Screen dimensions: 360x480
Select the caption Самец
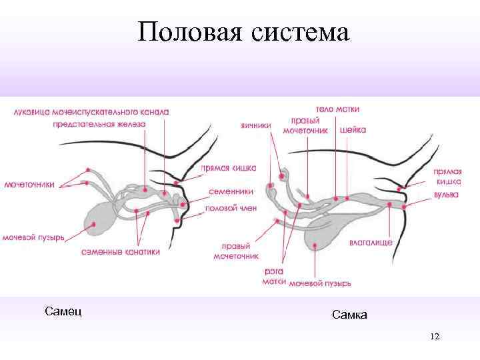[x=63, y=311]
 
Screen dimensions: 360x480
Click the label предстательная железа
[x=99, y=124]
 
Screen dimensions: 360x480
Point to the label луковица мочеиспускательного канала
[x=91, y=112]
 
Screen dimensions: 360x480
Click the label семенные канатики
[x=121, y=253]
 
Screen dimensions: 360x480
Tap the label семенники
[x=231, y=191]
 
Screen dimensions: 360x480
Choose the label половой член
[x=231, y=208]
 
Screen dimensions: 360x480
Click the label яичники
[x=255, y=124]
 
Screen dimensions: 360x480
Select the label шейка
[x=353, y=131]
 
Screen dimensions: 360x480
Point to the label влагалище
[x=371, y=243]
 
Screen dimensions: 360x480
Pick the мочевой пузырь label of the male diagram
[x=33, y=237]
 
